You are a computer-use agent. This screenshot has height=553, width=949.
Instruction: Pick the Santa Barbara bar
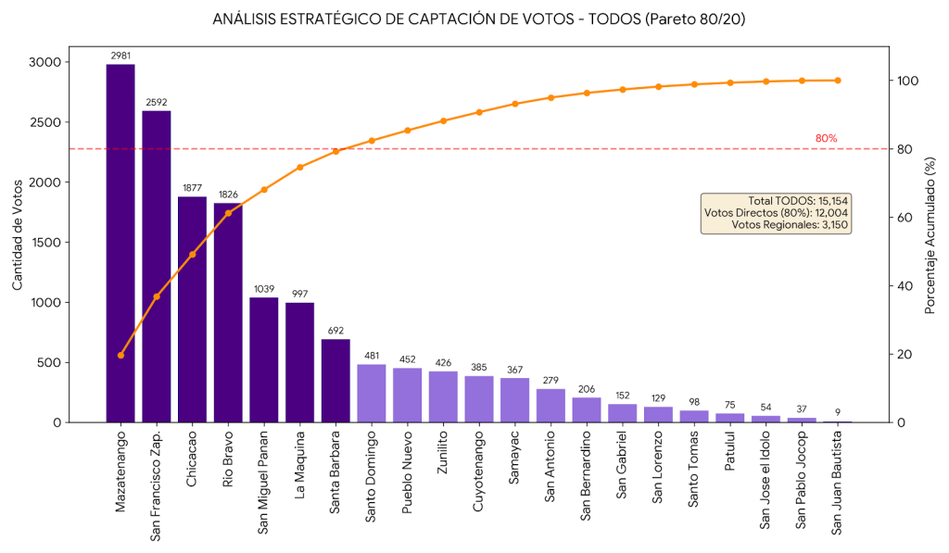point(335,381)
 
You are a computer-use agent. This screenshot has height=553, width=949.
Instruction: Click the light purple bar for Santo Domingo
point(371,394)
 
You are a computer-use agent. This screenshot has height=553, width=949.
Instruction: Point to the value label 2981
point(120,56)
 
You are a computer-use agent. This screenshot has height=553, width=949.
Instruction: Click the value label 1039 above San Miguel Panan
point(264,289)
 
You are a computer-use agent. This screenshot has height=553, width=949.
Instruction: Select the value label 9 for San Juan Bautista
point(838,413)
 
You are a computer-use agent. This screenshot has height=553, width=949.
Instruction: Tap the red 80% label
point(826,139)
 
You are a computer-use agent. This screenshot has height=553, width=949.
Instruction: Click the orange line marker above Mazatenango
point(120,355)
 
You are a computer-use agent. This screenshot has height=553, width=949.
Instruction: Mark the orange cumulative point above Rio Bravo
point(228,213)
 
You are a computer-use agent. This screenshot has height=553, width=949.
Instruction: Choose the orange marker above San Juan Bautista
point(838,81)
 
